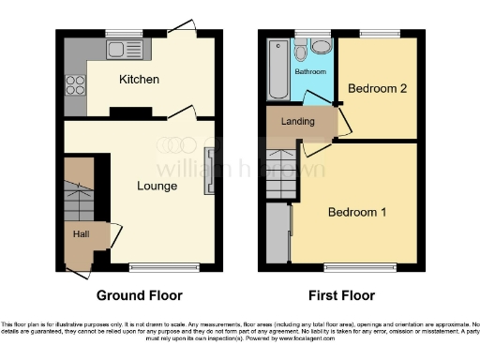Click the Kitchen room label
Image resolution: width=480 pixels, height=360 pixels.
pyautogui.click(x=138, y=80)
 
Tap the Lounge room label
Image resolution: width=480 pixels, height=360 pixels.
pyautogui.click(x=157, y=186)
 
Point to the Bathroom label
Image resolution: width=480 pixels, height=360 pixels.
pyautogui.click(x=310, y=72)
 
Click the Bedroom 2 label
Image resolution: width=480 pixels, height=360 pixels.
pyautogui.click(x=377, y=89)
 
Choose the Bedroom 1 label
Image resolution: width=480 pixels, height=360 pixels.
pyautogui.click(x=356, y=213)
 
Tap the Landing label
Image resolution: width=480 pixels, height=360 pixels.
pyautogui.click(x=297, y=122)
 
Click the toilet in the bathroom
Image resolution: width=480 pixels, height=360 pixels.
pyautogui.click(x=302, y=47)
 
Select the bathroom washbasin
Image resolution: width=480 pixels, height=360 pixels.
pyautogui.click(x=322, y=48)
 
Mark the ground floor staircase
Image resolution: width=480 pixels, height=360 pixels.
pyautogui.click(x=79, y=191)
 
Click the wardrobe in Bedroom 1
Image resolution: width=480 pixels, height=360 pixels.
pyautogui.click(x=278, y=233)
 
